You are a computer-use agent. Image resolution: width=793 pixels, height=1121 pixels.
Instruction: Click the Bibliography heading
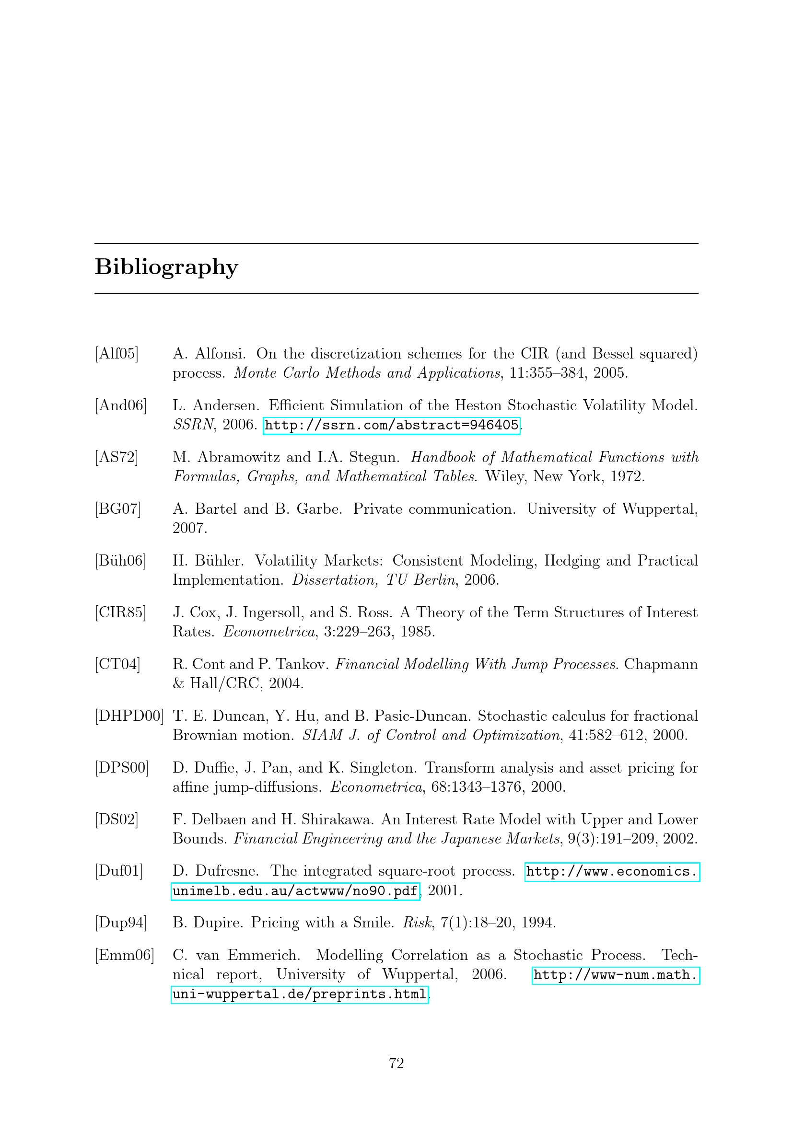click(x=166, y=267)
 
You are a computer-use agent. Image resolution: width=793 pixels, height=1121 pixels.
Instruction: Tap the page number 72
click(x=396, y=1063)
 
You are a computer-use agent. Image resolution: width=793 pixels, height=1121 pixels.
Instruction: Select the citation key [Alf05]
click(x=117, y=354)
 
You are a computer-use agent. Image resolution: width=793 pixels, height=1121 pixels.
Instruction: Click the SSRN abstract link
click(x=391, y=425)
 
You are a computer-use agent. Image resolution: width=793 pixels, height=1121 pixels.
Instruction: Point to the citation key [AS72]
click(x=117, y=457)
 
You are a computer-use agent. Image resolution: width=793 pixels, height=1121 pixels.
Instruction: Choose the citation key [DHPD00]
click(x=129, y=716)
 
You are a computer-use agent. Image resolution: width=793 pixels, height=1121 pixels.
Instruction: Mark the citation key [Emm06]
click(x=125, y=955)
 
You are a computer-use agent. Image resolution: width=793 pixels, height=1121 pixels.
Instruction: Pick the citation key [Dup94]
click(x=121, y=922)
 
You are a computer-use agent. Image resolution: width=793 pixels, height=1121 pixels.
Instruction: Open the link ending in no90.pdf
click(x=295, y=891)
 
